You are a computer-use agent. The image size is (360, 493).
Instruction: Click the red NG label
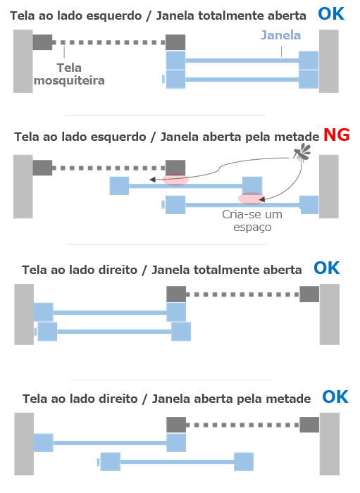point(337,135)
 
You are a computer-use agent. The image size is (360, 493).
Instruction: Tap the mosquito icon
point(302,153)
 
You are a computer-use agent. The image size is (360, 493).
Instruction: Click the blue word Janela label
point(281,35)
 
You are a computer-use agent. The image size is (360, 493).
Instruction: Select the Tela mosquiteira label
point(69,74)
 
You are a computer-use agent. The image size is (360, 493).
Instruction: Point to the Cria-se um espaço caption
point(252,220)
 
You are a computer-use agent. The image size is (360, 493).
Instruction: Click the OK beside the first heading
point(331,14)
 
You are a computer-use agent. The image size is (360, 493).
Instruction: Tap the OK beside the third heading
point(327,268)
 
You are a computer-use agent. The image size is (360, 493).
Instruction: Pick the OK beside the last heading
point(335,397)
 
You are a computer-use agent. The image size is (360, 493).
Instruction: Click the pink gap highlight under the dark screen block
point(175,180)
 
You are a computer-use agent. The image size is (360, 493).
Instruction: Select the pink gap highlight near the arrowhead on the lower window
point(251,199)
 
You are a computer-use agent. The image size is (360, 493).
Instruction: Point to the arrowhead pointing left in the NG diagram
point(152,180)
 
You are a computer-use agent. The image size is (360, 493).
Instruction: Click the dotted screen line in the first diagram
point(108,42)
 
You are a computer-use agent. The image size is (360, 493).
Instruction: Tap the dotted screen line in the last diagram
point(242,425)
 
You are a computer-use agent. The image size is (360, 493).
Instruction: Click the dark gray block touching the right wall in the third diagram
point(309,294)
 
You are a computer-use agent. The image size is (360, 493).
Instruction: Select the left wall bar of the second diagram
point(23,187)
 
